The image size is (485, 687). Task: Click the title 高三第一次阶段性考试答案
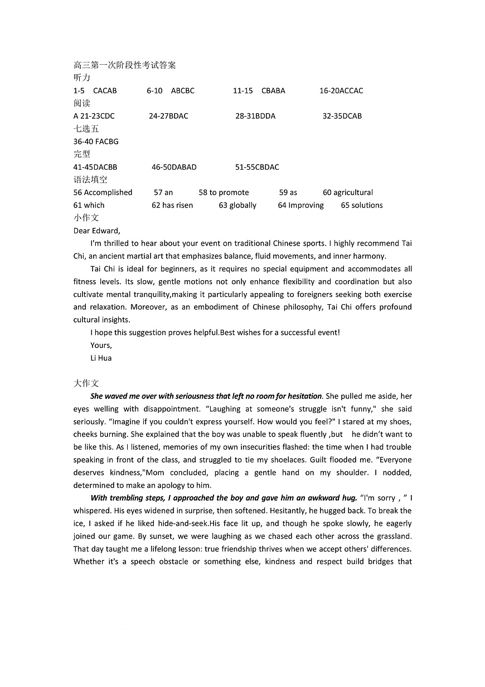[124, 65]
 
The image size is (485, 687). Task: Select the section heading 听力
[82, 78]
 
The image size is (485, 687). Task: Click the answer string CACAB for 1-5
[105, 90]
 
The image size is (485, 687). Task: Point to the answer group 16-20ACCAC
[341, 90]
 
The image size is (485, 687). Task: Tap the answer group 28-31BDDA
[255, 116]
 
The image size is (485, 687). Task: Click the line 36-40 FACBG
[96, 141]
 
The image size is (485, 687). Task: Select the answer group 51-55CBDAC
[257, 167]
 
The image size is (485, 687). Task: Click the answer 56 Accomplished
[103, 193]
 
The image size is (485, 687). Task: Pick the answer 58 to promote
[224, 193]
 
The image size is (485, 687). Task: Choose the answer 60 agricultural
[348, 193]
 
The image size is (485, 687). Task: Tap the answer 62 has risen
[172, 205]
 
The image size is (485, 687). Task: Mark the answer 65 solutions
[362, 205]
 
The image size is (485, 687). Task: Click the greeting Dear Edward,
[96, 230]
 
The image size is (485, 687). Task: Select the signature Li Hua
[101, 358]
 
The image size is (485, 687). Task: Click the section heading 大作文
[86, 383]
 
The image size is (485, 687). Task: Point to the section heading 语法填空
[90, 180]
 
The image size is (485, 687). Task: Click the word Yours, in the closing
[101, 345]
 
